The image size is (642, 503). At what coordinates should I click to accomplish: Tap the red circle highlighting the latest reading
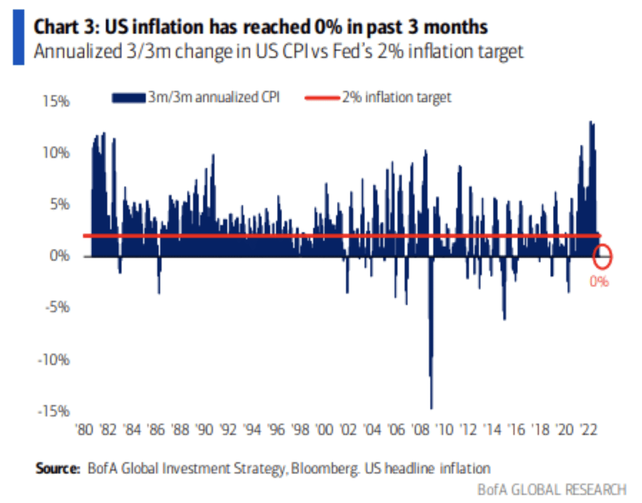[602, 256]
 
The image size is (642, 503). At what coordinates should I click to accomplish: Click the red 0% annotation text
[600, 281]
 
